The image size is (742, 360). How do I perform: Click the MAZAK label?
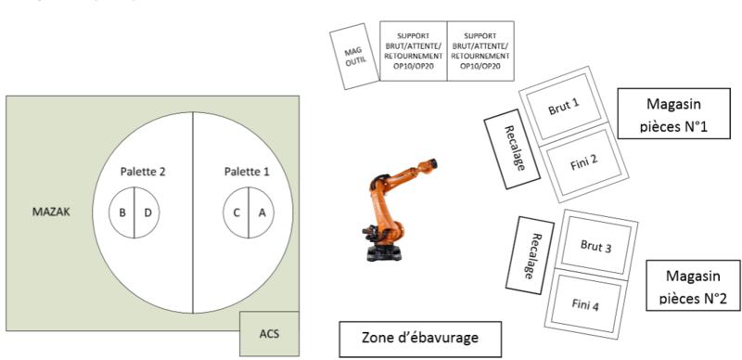click(x=51, y=212)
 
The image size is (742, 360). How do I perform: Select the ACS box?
click(x=269, y=333)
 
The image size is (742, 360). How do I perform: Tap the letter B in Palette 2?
click(x=122, y=212)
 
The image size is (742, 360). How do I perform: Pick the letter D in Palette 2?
click(x=147, y=212)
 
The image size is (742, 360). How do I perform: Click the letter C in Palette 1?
click(x=237, y=212)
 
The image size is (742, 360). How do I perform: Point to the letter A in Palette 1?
click(x=262, y=212)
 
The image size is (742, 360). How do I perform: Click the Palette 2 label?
click(x=143, y=172)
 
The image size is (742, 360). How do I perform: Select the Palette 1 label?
click(x=247, y=172)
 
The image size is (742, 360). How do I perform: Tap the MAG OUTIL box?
click(x=354, y=57)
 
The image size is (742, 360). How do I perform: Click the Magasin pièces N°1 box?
click(x=674, y=114)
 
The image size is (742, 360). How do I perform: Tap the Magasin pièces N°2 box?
click(x=693, y=286)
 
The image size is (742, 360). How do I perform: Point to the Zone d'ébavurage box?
click(x=420, y=340)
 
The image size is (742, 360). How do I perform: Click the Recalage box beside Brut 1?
click(x=512, y=148)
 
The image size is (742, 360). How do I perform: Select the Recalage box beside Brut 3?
click(x=530, y=255)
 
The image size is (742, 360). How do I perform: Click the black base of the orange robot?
click(x=384, y=252)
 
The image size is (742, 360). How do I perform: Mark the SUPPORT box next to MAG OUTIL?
click(x=414, y=51)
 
